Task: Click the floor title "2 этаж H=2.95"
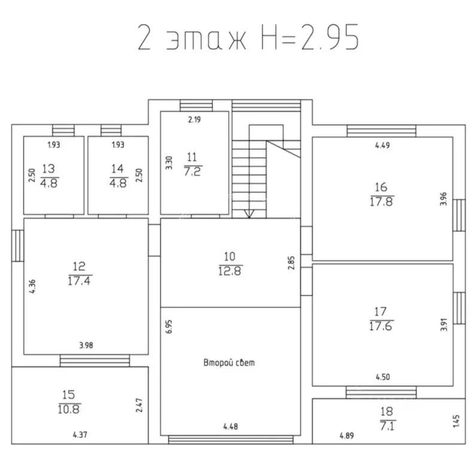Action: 248,38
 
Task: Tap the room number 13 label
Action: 48,169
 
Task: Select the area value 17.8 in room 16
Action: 381,202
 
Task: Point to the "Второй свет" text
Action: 229,362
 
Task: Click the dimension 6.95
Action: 169,326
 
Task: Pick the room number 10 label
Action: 229,257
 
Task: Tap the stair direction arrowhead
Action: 249,214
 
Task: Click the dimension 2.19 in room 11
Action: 195,120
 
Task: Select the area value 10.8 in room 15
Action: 69,409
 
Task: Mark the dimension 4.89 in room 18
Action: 347,436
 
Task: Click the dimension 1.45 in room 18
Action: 456,421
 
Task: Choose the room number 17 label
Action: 380,312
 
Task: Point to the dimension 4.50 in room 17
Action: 382,377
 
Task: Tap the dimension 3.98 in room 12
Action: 86,345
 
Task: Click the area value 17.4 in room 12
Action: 79,281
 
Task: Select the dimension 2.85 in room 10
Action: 291,263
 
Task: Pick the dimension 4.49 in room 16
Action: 382,145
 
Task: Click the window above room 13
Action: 63,130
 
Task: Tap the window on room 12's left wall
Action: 18,246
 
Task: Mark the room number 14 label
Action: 117,169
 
